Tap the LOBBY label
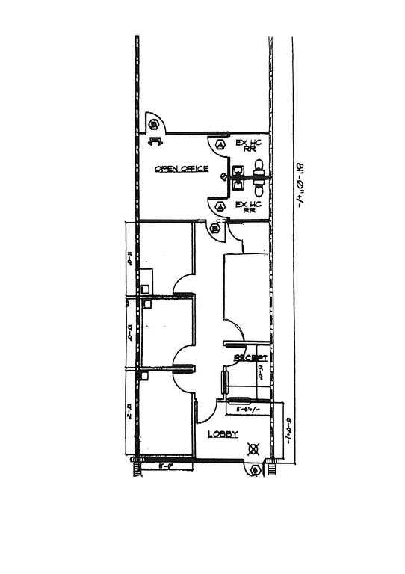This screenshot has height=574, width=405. tap(223, 434)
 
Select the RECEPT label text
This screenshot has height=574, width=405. tap(250, 358)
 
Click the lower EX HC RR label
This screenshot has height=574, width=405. tap(248, 207)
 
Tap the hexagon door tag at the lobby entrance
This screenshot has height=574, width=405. tap(256, 469)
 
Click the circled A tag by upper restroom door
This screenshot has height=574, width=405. tap(220, 143)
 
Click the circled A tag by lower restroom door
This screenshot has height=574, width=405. tap(220, 206)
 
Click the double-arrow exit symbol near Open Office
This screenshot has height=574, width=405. tap(155, 141)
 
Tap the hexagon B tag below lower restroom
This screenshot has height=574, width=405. tap(216, 227)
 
